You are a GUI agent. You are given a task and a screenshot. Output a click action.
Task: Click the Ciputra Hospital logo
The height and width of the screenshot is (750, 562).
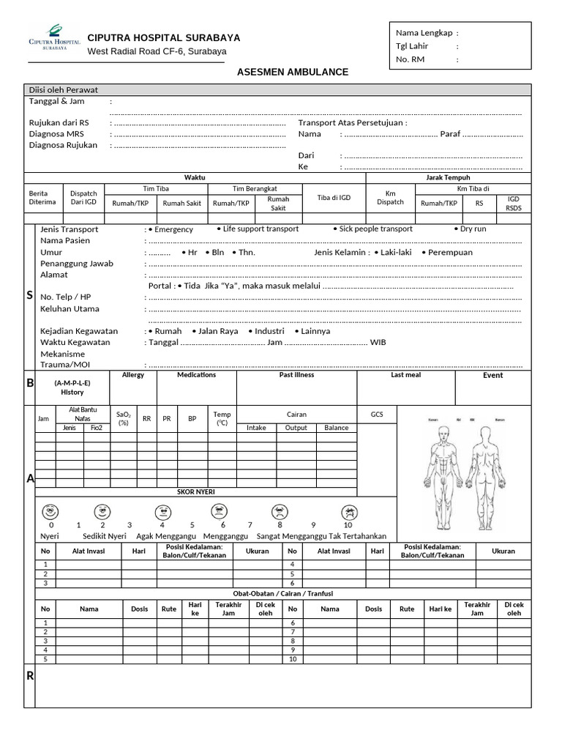click(x=53, y=37)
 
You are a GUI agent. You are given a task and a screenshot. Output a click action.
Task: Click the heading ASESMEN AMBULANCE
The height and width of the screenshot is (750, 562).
click(x=293, y=73)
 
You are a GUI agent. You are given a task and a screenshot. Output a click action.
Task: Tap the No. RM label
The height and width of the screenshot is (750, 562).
click(x=410, y=59)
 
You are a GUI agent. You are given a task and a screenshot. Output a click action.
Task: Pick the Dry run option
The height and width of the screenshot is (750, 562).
click(x=473, y=229)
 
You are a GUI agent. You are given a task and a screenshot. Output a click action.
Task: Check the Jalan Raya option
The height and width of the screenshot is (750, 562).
click(x=217, y=331)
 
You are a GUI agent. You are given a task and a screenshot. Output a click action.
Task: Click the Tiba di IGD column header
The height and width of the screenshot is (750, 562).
click(x=334, y=198)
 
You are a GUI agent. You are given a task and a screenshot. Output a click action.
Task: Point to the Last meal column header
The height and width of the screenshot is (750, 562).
click(x=406, y=375)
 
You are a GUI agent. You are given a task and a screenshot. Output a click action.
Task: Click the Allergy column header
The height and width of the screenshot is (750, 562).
click(x=133, y=375)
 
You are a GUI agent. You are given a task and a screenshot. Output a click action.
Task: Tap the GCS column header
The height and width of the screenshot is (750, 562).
click(x=377, y=415)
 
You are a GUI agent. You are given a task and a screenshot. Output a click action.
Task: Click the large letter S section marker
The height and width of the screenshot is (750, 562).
click(x=29, y=295)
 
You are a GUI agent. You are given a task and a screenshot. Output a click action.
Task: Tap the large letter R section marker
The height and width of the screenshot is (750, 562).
click(x=30, y=676)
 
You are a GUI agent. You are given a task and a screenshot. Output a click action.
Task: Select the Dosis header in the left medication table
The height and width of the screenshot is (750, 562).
click(x=139, y=609)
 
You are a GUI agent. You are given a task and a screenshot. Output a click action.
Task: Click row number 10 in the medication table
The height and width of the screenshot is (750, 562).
click(x=293, y=659)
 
